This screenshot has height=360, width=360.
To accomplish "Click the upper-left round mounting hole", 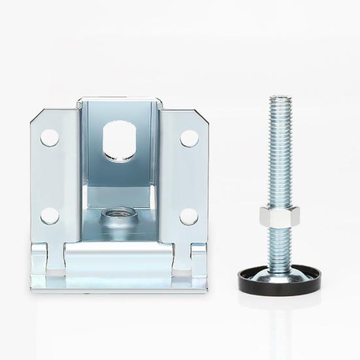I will point(50,137).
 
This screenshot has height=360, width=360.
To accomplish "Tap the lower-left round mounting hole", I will point(50,216).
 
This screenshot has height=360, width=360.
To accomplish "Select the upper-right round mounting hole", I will point(189,138).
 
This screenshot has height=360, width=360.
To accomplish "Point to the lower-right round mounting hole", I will point(189,216).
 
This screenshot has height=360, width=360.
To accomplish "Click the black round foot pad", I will point(279,280).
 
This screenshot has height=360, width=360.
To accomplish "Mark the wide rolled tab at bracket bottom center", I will point(118,258).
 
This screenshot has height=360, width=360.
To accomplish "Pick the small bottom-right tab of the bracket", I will point(199,259).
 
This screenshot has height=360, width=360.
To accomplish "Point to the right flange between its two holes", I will point(188,176).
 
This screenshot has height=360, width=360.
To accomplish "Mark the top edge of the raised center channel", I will point(118,101).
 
